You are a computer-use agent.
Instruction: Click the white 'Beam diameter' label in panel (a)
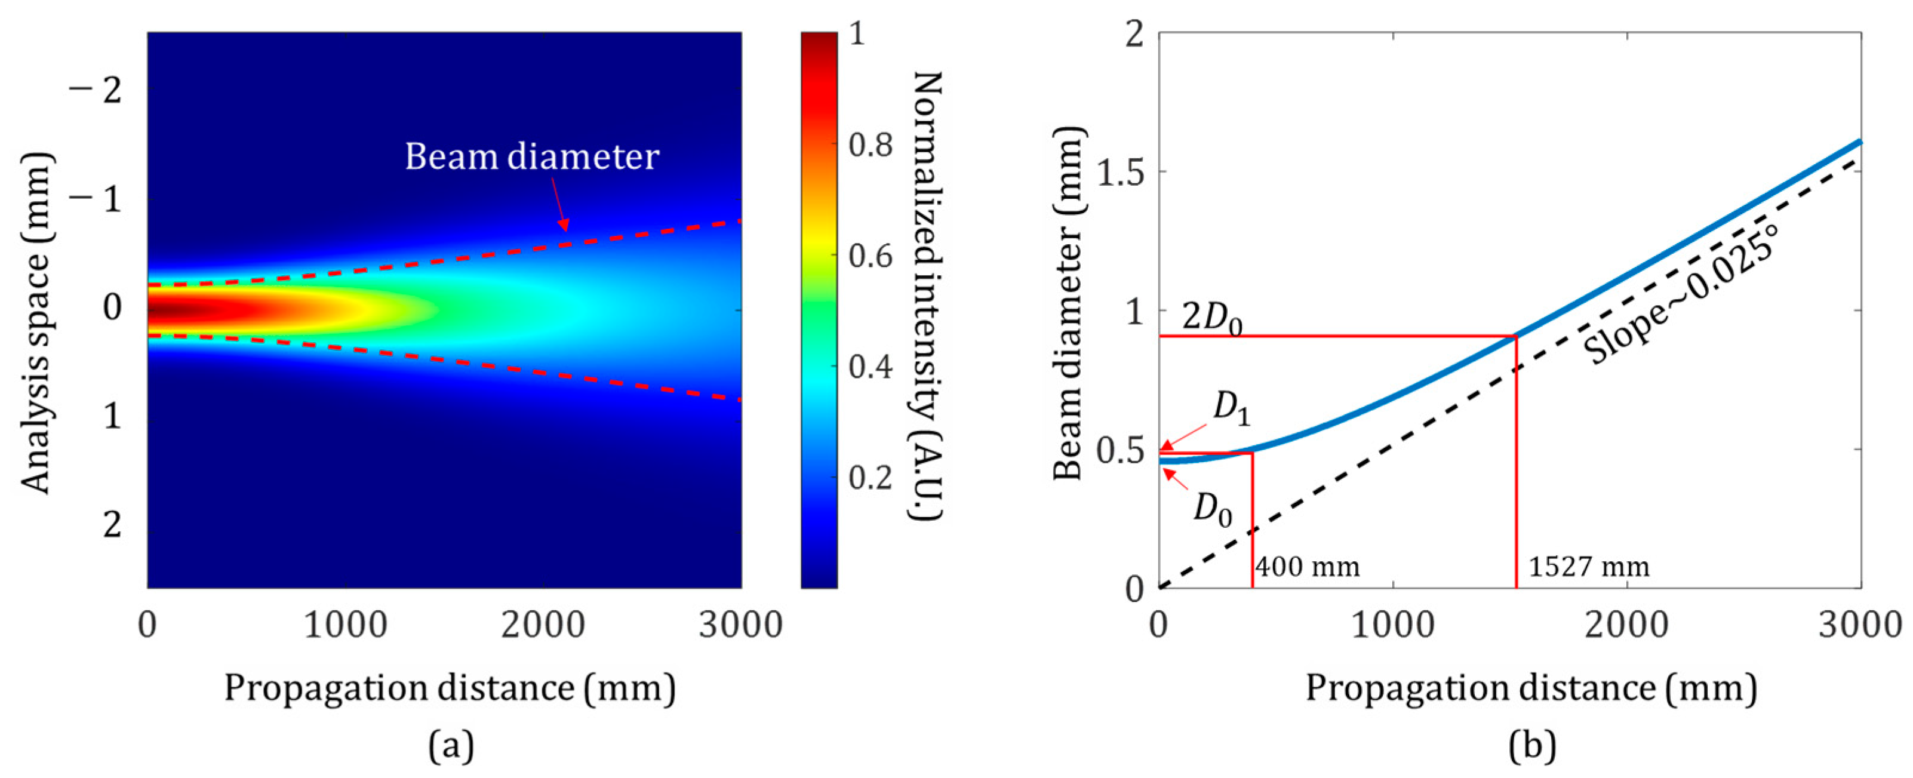coord(532,156)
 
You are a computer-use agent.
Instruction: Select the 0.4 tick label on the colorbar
coord(871,367)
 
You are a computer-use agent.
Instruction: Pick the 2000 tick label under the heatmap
coord(543,625)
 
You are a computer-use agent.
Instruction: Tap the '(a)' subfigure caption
coord(451,745)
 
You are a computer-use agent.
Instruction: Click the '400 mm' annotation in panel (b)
coord(1307,567)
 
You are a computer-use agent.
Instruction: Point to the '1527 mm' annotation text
coord(1588,567)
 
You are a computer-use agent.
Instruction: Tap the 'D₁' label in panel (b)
coord(1231,409)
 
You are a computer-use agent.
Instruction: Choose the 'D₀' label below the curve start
coord(1213,511)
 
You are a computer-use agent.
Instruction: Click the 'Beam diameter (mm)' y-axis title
coord(1069,303)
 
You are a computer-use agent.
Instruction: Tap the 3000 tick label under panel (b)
coord(1859,625)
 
